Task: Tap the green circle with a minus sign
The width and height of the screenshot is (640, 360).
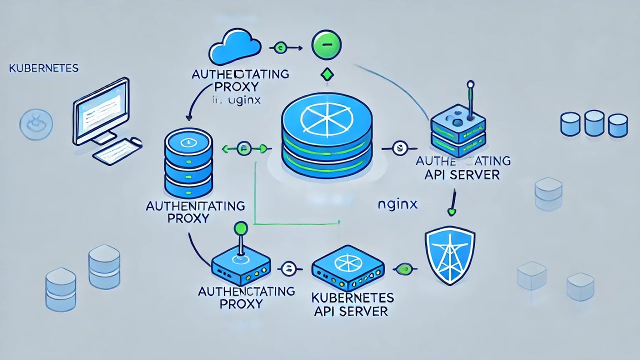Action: point(326,46)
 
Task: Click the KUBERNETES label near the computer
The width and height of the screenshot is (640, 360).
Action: point(44,68)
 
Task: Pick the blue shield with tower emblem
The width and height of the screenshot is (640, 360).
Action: point(449,255)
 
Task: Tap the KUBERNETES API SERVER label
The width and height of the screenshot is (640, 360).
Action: point(352,304)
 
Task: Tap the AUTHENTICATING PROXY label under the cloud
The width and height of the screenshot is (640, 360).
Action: point(240,80)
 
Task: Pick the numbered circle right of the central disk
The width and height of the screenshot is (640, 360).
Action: point(398,148)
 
